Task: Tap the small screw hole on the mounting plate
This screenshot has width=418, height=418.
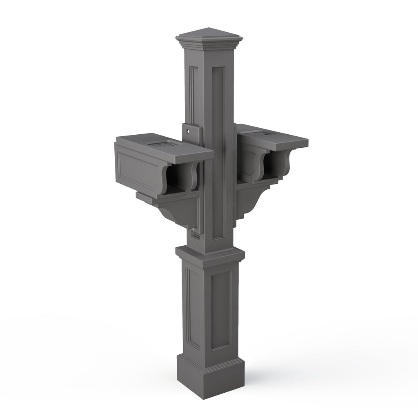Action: coord(187,132)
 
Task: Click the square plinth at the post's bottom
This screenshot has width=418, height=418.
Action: coord(210,378)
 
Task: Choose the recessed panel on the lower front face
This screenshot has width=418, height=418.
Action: coord(220,310)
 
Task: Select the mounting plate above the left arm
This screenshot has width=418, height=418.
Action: coord(192,135)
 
